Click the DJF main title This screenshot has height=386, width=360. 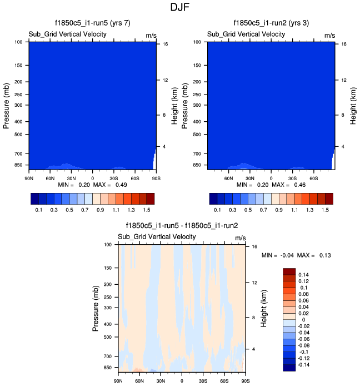click(179, 8)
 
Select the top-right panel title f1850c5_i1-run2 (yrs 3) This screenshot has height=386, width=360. click(271, 23)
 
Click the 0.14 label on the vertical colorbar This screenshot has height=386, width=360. click(304, 275)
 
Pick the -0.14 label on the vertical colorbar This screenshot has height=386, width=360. click(305, 364)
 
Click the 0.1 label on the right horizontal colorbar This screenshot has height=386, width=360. click(218, 211)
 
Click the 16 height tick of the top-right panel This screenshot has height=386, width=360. click(344, 43)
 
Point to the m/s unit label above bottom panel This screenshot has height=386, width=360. click(240, 237)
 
